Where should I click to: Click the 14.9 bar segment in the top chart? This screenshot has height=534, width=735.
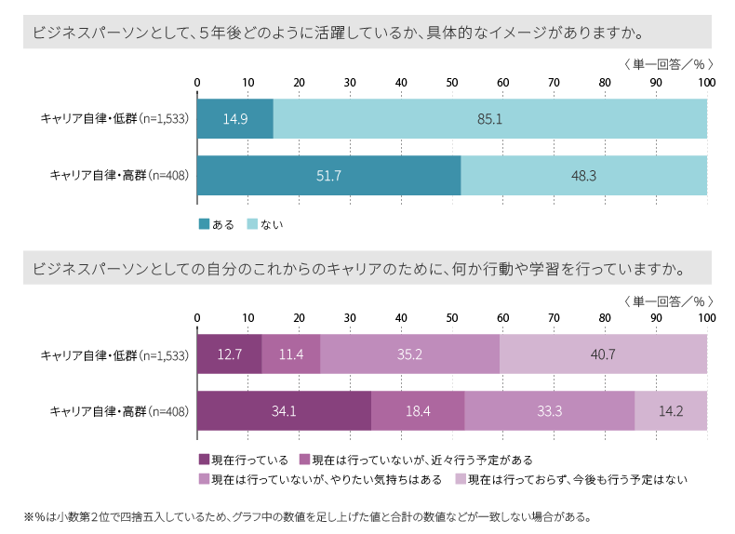tap(235, 119)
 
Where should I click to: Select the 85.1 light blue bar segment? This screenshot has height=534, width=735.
tap(489, 119)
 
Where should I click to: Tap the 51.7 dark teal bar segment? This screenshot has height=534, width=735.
tap(328, 175)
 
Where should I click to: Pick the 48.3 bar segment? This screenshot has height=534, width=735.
tap(583, 175)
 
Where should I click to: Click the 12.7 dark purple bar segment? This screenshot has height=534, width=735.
tap(230, 354)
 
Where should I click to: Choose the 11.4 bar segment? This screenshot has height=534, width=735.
tap(290, 354)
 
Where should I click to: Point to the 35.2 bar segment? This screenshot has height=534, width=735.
tap(409, 354)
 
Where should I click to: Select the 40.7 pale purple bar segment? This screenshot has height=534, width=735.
tap(603, 354)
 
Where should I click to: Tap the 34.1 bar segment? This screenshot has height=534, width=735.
tap(284, 410)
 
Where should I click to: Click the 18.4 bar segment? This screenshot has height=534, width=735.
tap(418, 410)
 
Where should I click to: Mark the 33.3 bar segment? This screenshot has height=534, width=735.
tap(549, 410)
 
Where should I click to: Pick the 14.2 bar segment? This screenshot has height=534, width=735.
tap(671, 410)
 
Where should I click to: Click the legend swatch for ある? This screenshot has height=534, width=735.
tap(204, 224)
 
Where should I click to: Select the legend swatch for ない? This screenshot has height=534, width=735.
tap(252, 224)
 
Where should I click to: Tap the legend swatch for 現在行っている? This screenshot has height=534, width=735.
tap(204, 460)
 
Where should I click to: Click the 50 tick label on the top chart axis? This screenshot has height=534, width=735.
tap(452, 84)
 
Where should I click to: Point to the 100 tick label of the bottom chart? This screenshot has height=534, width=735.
tap(706, 319)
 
